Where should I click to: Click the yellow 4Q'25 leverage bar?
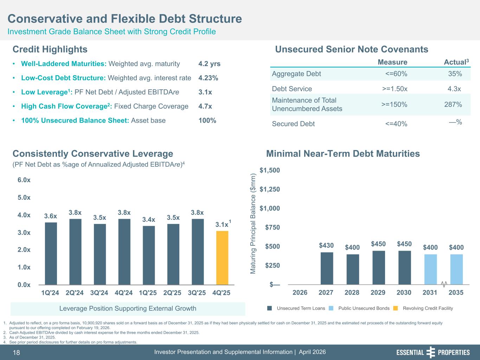coord(222,258)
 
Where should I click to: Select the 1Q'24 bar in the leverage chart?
coord(51,253)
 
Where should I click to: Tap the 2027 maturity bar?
coord(327,268)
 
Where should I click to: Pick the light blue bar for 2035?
coord(456,269)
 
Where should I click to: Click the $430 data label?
coord(326,245)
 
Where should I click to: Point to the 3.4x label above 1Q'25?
coord(149,220)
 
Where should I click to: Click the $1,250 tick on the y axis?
coord(270,189)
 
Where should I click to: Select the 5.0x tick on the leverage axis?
coord(24,198)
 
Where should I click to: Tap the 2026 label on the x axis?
coord(300,292)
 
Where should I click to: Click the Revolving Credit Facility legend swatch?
coord(395,308)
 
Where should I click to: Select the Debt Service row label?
coord(292,89)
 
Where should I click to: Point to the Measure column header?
coord(392,62)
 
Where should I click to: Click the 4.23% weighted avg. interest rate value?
coord(208,78)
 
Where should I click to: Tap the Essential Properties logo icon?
coord(430,352)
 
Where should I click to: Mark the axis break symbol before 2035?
coord(444,283)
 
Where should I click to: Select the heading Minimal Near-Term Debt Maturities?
coord(343,154)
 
